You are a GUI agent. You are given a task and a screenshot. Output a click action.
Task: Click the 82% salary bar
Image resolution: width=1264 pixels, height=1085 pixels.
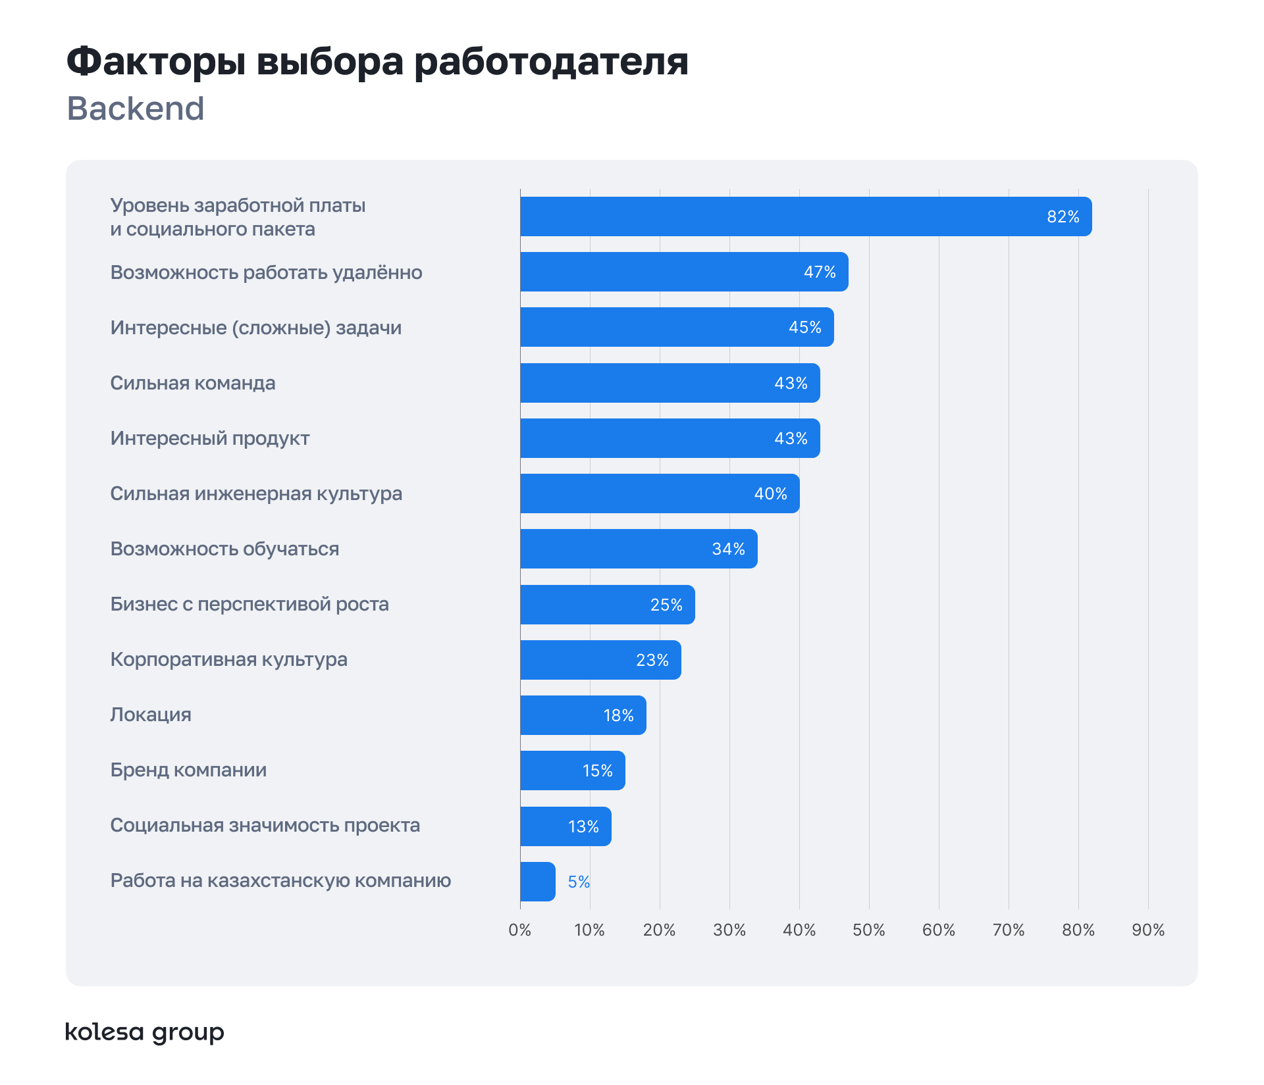(x=805, y=216)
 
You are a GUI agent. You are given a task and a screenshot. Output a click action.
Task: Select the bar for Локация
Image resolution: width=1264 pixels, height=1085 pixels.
(x=583, y=715)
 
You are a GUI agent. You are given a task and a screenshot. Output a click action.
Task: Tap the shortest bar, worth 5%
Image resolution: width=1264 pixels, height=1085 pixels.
(x=537, y=882)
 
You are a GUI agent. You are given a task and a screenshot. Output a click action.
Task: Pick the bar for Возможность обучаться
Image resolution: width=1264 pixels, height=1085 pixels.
(x=638, y=549)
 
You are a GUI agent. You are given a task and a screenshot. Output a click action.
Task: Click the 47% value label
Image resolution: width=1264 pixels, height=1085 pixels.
(x=820, y=272)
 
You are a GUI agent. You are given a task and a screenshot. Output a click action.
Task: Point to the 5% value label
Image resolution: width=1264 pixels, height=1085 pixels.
(x=579, y=882)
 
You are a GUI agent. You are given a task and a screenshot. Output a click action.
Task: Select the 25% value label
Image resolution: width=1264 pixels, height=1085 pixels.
(x=666, y=605)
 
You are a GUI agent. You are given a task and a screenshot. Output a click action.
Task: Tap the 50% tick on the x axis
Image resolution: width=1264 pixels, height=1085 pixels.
(x=868, y=930)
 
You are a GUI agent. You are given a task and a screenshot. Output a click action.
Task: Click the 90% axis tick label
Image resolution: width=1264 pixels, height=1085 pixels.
(x=1148, y=930)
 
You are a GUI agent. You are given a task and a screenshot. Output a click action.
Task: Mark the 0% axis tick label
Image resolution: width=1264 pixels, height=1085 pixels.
(x=519, y=930)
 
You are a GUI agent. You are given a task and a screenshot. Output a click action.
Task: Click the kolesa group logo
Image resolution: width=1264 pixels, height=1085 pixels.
(x=145, y=1032)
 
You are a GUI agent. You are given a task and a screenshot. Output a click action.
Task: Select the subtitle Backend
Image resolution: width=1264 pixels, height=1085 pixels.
(x=136, y=109)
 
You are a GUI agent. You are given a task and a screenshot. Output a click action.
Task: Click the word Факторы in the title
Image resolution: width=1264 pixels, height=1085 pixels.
(x=156, y=63)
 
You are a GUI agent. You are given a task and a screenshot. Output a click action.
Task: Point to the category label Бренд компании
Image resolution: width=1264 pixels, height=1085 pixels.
(x=188, y=770)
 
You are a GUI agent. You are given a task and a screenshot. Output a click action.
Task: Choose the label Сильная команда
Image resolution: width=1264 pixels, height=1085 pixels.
(x=192, y=383)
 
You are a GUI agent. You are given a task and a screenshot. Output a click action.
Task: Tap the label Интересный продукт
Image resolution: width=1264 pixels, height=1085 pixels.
(x=209, y=438)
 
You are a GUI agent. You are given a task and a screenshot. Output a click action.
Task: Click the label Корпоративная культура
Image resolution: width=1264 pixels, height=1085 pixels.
(x=228, y=659)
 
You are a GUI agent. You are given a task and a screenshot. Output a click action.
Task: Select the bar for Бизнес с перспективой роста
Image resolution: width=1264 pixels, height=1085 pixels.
(x=607, y=605)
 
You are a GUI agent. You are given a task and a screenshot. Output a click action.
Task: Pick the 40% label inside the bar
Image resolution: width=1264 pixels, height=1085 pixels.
(x=770, y=493)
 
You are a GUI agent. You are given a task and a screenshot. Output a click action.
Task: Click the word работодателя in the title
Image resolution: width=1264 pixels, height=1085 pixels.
(x=551, y=63)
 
